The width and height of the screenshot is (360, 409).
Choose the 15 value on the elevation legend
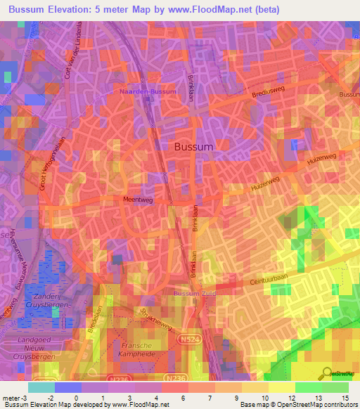point(347,398)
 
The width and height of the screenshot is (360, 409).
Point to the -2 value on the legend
point(50,398)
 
